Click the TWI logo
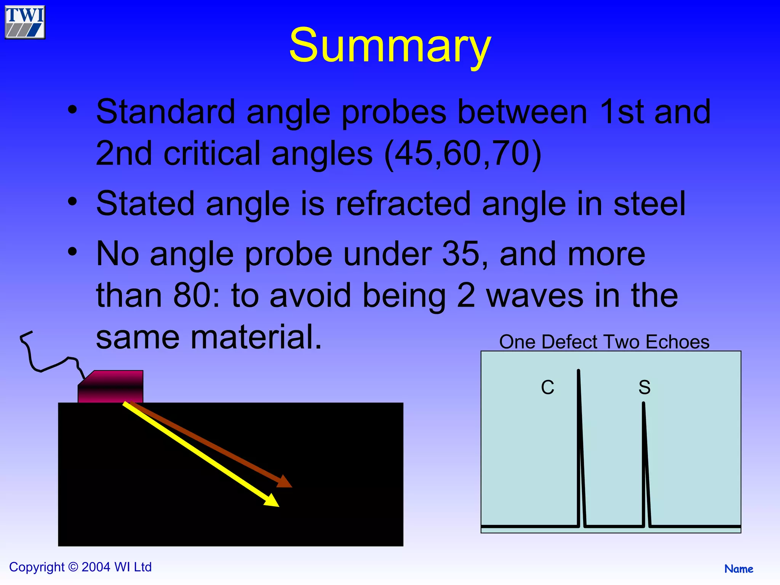25,22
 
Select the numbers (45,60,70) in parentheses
463,153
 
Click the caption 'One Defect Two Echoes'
604,342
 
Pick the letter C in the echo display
548,388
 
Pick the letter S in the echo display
644,388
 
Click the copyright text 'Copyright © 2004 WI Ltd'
80,567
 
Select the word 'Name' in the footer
738,569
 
